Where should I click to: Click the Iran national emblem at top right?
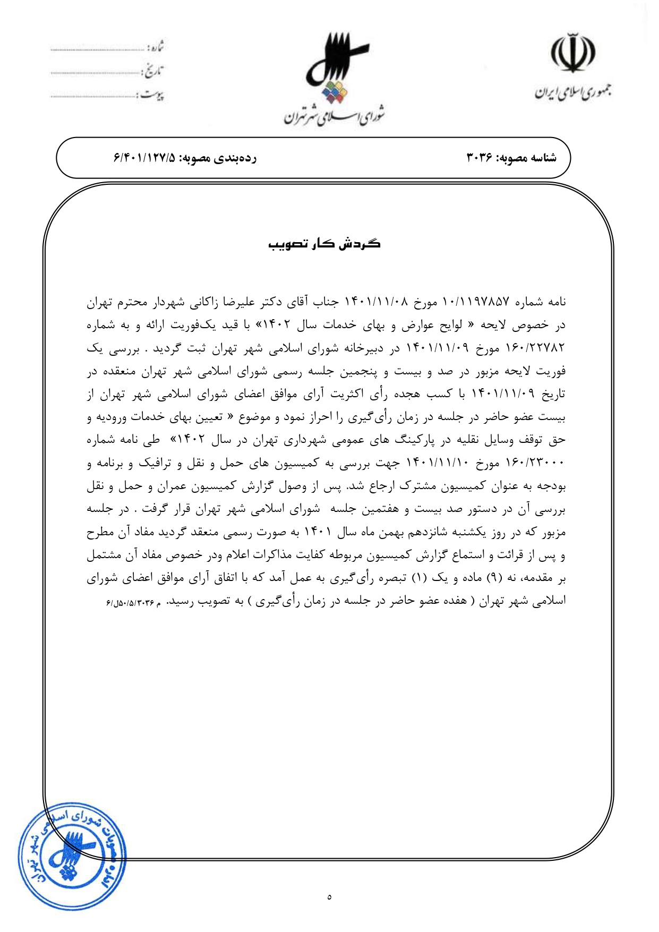572,53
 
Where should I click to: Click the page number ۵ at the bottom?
329,897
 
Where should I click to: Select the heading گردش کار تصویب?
324,244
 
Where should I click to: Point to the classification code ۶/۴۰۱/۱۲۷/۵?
144,158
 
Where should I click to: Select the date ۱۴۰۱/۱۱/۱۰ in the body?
438,463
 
